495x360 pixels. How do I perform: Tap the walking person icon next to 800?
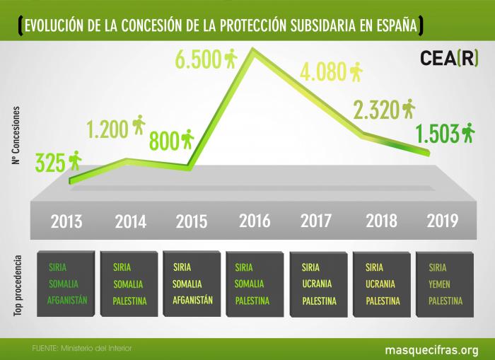[187, 139]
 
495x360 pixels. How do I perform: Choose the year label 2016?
[255, 220]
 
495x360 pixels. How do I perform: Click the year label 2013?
[66, 221]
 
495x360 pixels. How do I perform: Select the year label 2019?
[443, 220]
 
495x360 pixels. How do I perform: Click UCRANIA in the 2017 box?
[318, 284]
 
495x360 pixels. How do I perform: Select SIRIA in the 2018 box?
[375, 267]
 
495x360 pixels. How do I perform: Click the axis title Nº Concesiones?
[16, 137]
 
